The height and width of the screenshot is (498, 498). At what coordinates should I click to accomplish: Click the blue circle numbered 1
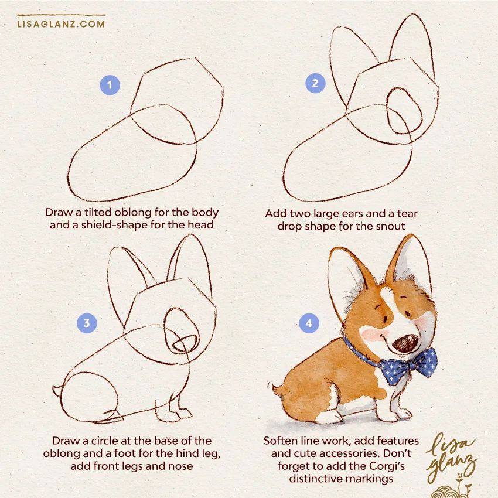[110, 85]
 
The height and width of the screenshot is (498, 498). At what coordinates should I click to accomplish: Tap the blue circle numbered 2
[315, 83]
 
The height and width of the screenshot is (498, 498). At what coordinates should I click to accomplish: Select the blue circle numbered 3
[87, 323]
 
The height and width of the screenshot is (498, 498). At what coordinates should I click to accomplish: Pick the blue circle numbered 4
[309, 323]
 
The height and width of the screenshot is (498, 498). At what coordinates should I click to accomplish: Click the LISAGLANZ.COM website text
[61, 24]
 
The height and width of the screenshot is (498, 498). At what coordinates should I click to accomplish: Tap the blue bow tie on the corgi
[409, 366]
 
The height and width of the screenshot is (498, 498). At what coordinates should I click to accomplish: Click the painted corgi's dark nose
[405, 343]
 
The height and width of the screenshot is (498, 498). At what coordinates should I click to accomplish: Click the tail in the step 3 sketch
[57, 391]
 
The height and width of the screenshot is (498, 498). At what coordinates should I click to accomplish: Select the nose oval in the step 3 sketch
[185, 343]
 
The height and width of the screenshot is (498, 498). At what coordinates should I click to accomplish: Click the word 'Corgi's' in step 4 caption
[387, 466]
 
